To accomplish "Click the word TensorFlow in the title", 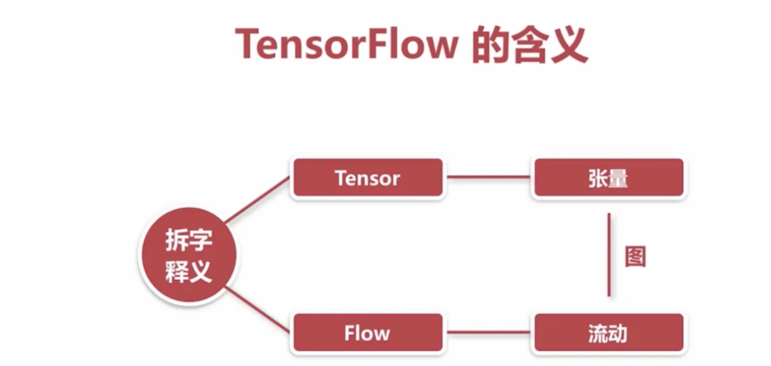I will [346, 44].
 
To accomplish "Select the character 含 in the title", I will [529, 44].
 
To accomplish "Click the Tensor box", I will [367, 178].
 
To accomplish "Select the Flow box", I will [367, 333].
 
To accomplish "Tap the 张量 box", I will [609, 178].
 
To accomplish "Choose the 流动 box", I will [609, 333].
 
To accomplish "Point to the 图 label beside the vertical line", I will [635, 257].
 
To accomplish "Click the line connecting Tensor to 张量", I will [488, 177].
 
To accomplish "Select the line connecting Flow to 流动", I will [488, 332].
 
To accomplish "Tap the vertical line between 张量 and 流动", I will [609, 255].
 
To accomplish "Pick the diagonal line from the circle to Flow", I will [257, 310].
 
